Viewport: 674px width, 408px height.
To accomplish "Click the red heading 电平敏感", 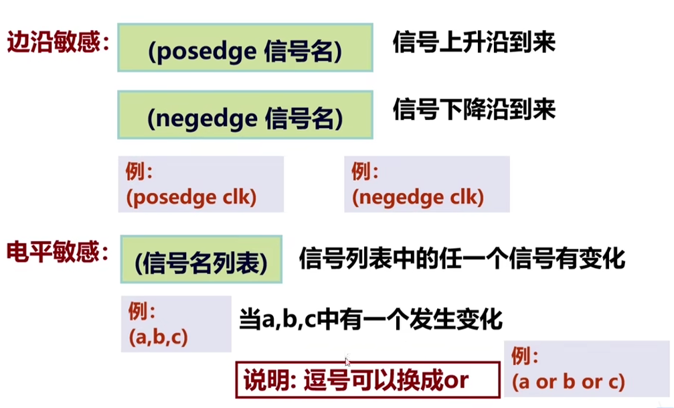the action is click(56, 252).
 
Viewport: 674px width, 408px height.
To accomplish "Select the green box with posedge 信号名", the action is click(245, 48).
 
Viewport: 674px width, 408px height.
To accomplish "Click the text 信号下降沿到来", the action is click(474, 109).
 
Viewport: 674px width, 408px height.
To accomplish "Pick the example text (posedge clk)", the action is click(191, 197).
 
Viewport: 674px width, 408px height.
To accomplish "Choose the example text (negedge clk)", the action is click(418, 197).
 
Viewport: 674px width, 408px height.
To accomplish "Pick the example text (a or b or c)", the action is click(568, 382).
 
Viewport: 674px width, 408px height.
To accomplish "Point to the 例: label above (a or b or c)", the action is click(525, 356).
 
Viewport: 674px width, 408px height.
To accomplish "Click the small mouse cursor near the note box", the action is click(347, 360).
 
